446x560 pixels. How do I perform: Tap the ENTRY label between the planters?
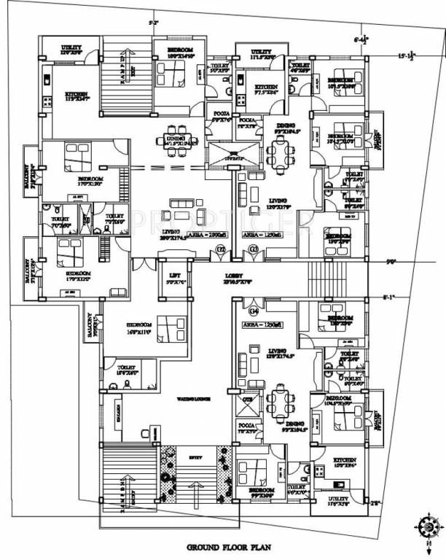click(x=194, y=456)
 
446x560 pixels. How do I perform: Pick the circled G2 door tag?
click(x=219, y=252)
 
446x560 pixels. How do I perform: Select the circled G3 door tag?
click(x=254, y=252)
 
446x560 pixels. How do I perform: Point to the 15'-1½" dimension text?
click(x=409, y=55)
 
